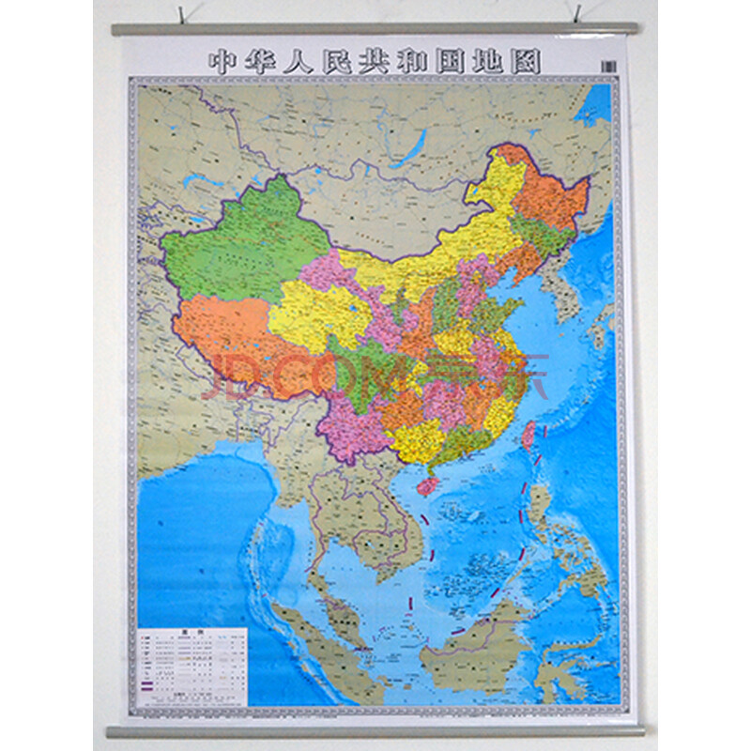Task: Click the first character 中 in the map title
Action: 220,62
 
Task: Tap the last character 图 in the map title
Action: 529,62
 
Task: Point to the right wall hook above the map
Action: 577,14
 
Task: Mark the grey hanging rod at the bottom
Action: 375,730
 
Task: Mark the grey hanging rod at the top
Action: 375,29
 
